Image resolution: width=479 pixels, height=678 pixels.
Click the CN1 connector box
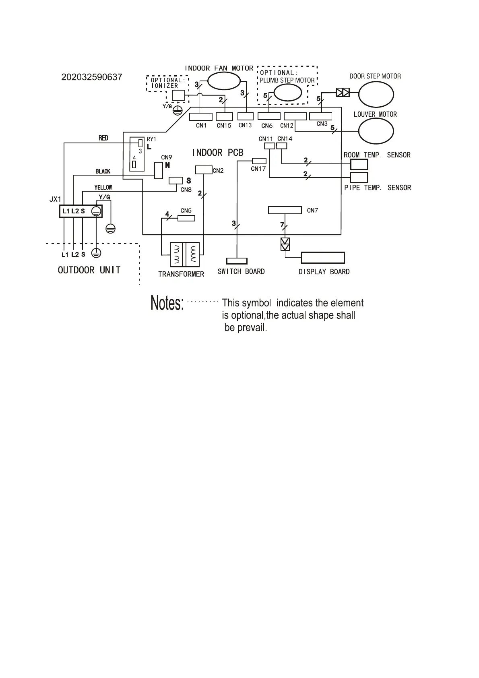(x=200, y=117)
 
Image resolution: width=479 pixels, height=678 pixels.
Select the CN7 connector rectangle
(x=285, y=210)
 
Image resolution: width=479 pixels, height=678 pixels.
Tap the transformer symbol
(x=185, y=254)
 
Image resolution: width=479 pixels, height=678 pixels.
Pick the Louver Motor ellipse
(x=376, y=131)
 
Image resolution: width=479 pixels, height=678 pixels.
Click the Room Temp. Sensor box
(x=359, y=164)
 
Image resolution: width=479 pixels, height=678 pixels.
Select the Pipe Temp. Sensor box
(x=359, y=177)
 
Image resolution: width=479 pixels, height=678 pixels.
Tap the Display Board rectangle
(x=323, y=258)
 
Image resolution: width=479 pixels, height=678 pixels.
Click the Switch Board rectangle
(x=237, y=261)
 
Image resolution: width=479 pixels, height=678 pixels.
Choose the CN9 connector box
(x=159, y=171)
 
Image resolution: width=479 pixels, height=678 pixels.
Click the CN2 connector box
(x=204, y=170)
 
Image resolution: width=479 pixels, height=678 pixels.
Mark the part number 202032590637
(x=91, y=77)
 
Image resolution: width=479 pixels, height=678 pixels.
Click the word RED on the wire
(x=103, y=138)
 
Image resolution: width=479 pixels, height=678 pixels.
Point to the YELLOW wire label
(x=103, y=188)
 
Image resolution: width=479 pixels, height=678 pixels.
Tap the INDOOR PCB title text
(x=218, y=153)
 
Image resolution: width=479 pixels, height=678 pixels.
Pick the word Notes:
(x=167, y=303)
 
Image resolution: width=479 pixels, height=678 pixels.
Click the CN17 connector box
(x=259, y=161)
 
